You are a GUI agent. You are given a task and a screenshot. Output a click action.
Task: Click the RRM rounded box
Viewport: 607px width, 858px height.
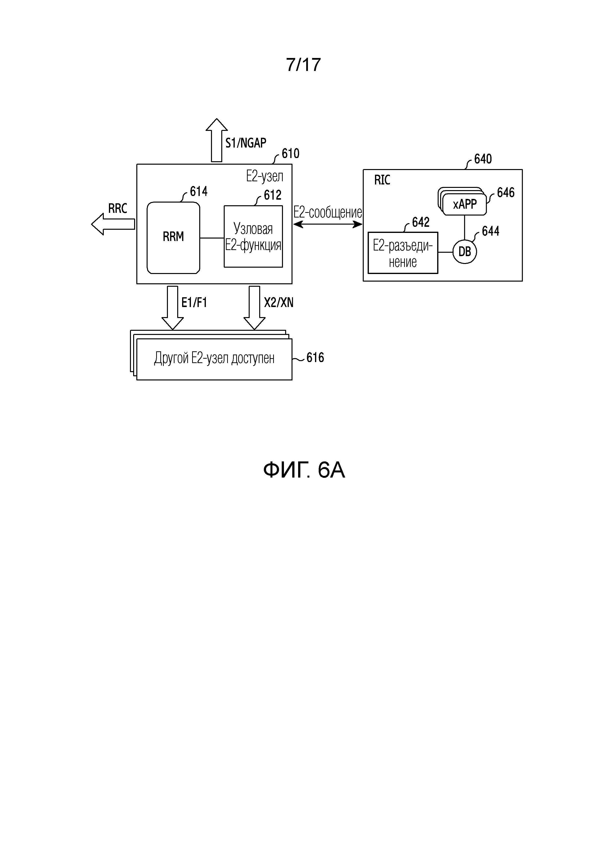tap(174, 238)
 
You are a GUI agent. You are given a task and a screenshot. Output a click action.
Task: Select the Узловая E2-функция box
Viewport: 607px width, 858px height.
tap(253, 236)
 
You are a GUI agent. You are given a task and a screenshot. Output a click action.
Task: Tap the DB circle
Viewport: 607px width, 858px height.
tap(465, 252)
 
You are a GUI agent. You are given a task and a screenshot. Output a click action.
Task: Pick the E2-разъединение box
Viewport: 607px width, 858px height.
tap(403, 253)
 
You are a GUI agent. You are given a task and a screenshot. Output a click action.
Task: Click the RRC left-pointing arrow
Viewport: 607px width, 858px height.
tap(113, 224)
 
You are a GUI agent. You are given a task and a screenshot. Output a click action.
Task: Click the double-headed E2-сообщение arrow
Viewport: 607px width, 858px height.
tap(328, 224)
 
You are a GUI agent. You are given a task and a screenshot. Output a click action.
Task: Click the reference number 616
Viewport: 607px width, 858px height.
tap(315, 358)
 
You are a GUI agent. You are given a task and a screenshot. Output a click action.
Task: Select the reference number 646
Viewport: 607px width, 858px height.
tap(506, 193)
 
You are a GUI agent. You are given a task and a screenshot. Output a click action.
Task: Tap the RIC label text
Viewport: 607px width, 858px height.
tap(382, 180)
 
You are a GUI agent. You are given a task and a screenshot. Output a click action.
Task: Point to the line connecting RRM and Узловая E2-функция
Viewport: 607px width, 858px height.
tap(212, 238)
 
